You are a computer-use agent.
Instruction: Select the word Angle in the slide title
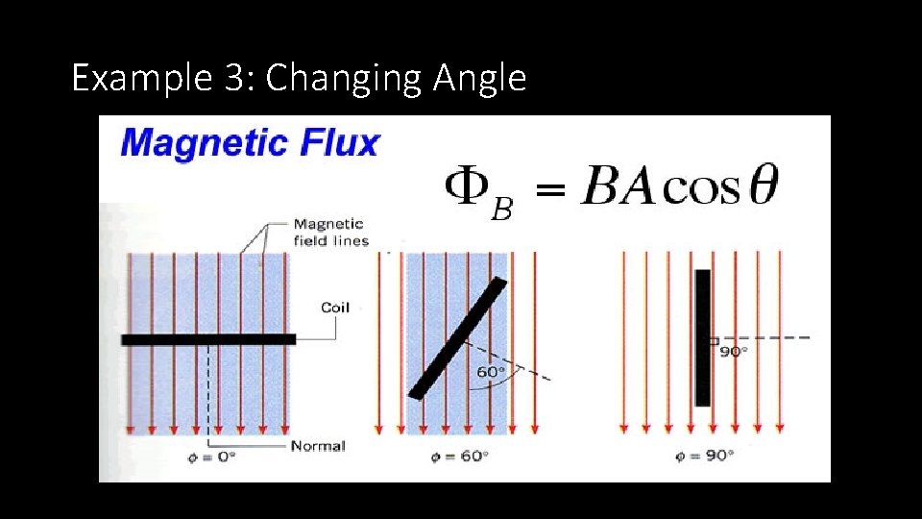[479, 78]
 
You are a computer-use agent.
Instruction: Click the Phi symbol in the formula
[465, 186]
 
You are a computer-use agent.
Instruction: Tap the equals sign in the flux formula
[548, 192]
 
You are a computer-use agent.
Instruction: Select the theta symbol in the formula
[764, 186]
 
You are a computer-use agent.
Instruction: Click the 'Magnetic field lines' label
[330, 233]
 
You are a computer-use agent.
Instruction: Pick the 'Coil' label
[334, 308]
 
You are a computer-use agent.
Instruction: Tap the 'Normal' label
[317, 446]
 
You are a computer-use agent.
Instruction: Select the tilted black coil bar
[457, 337]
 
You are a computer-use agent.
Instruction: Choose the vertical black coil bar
[703, 337]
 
